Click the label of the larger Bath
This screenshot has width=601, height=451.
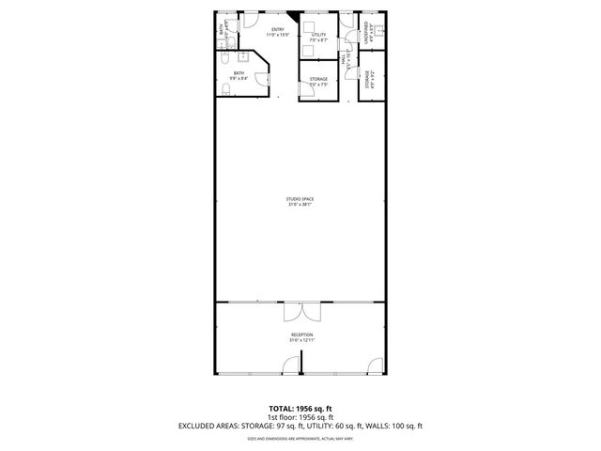(239, 75)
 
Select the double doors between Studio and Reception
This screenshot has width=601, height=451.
(300, 313)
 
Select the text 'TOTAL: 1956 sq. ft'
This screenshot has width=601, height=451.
(300, 408)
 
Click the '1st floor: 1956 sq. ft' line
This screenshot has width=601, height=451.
(300, 416)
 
